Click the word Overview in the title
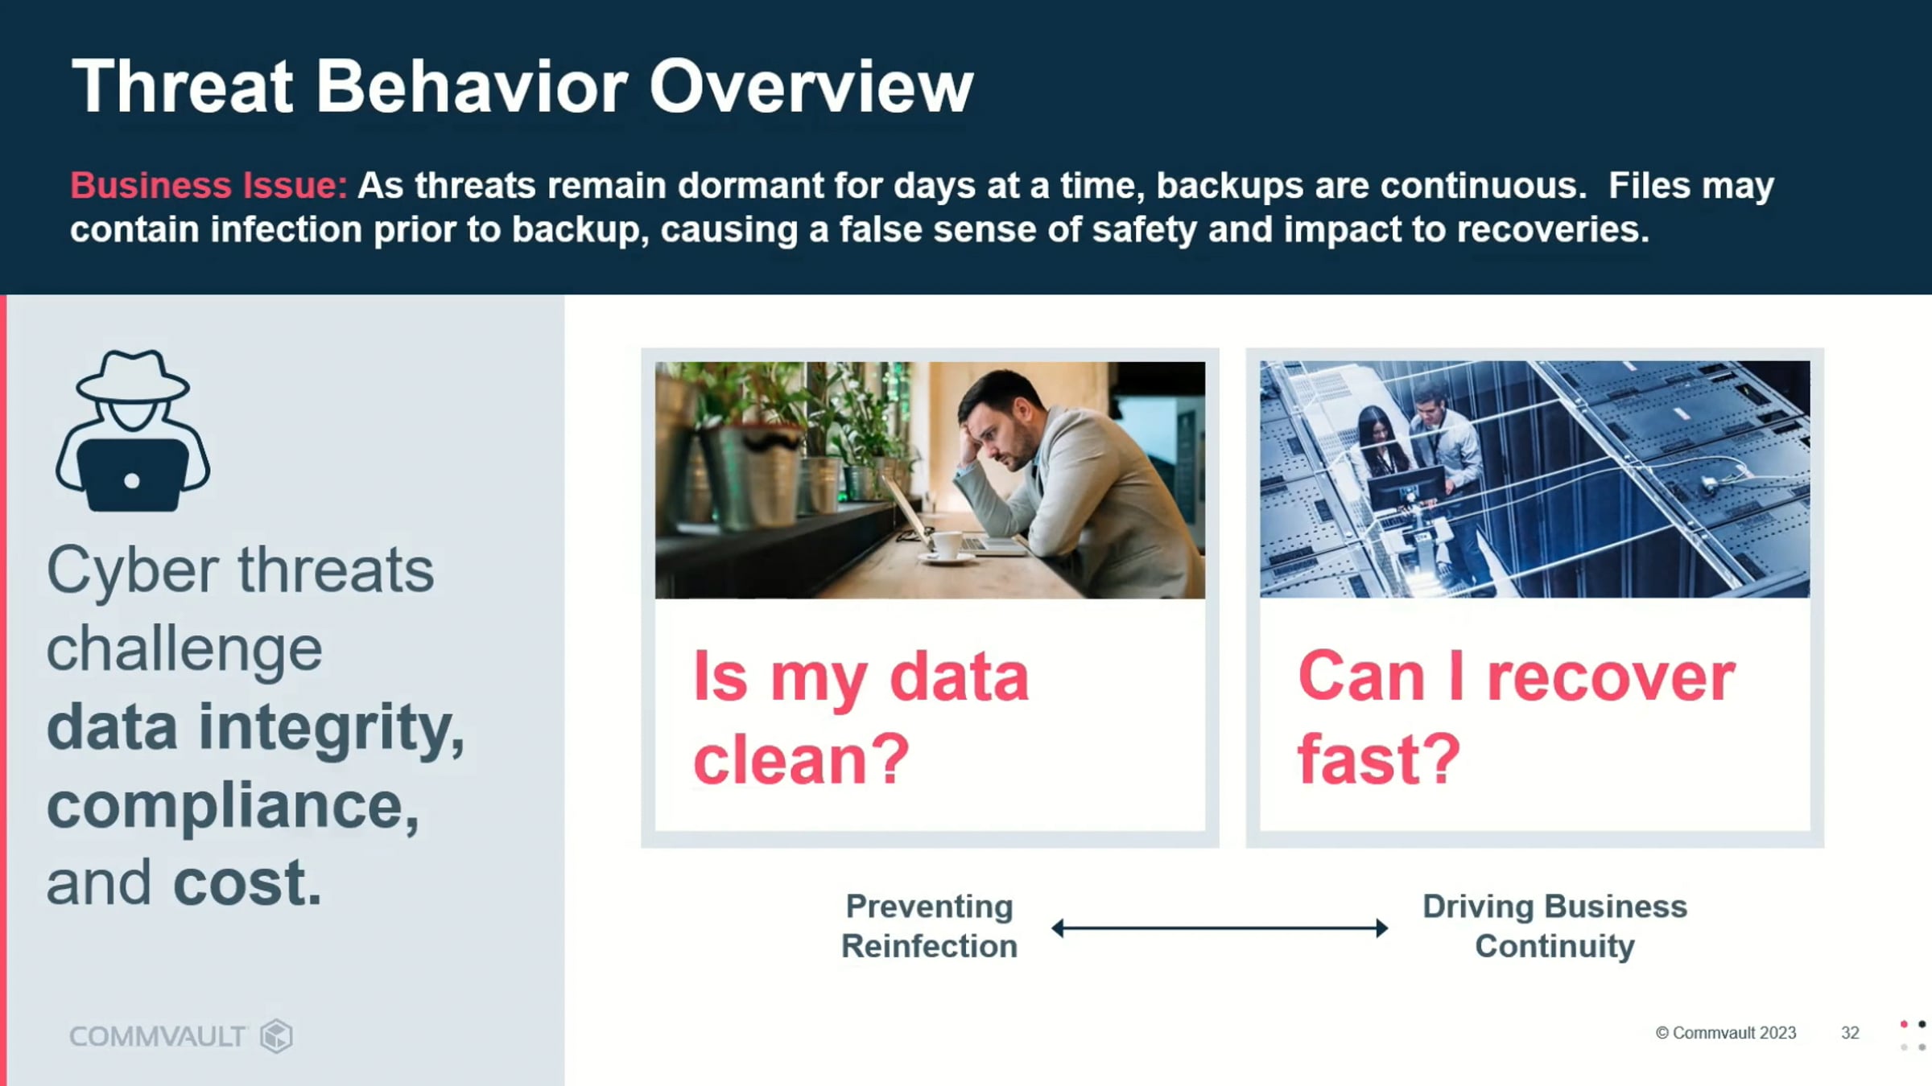coord(811,87)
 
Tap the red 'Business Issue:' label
coord(209,186)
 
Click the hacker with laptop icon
coord(133,430)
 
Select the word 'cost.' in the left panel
coord(247,882)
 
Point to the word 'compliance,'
coord(233,806)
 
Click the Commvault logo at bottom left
coord(181,1036)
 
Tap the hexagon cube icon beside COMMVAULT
coord(276,1036)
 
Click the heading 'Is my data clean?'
coord(861,718)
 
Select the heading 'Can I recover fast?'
coord(1516,718)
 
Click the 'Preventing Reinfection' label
coord(930,926)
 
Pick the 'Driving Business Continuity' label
coord(1554,926)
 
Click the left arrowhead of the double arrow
coord(1057,928)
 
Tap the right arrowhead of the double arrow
coord(1382,928)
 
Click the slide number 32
coord(1850,1033)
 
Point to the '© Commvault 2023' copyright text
coord(1726,1033)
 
